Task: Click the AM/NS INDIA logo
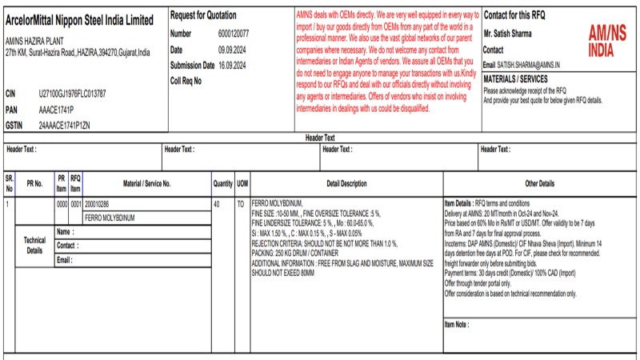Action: (x=607, y=41)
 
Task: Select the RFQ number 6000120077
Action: (x=234, y=34)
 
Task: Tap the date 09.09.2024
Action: (x=232, y=50)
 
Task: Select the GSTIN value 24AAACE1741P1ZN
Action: (x=65, y=126)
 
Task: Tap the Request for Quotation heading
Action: (x=205, y=16)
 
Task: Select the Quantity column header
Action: (x=222, y=184)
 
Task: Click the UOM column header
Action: (x=242, y=184)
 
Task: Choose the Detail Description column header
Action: (x=346, y=184)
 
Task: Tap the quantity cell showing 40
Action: (x=217, y=204)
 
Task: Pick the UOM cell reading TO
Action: (x=240, y=204)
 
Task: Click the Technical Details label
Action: (x=34, y=245)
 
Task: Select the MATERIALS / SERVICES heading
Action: (x=516, y=79)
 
